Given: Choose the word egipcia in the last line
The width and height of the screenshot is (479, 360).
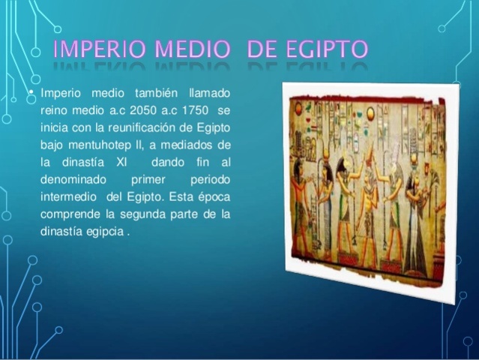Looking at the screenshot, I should point(106,232).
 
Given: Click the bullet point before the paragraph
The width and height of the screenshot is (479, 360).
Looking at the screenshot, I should point(31,93).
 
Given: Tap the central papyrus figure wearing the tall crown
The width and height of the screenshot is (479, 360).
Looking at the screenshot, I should point(368,206).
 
